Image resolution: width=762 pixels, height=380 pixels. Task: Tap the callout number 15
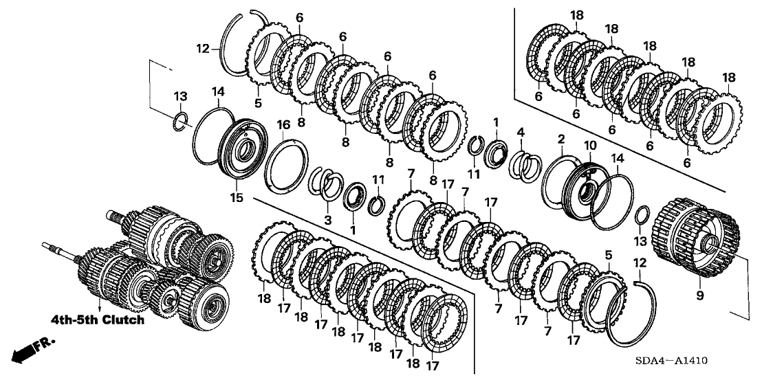(236, 199)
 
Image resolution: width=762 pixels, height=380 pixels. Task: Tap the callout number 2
(561, 139)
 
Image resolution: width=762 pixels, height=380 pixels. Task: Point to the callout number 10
(589, 146)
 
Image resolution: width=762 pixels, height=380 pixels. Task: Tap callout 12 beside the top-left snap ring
(203, 48)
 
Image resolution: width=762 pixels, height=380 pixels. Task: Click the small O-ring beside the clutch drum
(640, 214)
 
